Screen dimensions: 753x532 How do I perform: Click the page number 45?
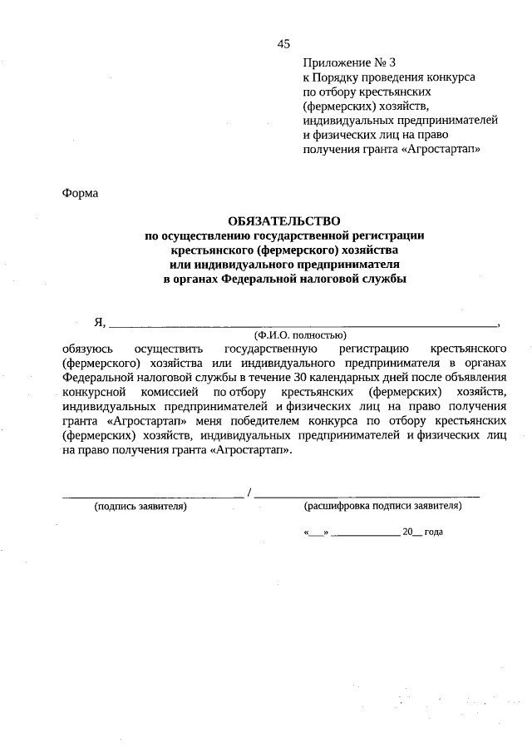(283, 44)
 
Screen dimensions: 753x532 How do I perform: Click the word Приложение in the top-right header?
(337, 62)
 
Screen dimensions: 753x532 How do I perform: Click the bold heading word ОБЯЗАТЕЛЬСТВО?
(284, 221)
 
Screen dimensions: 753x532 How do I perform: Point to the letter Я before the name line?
(98, 321)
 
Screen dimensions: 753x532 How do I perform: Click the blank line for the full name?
(303, 324)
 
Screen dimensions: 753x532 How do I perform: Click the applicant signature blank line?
(154, 496)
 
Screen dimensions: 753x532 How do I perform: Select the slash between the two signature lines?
(249, 496)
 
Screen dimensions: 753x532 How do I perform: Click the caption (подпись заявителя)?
(140, 506)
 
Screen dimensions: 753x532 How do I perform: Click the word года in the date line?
(433, 532)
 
